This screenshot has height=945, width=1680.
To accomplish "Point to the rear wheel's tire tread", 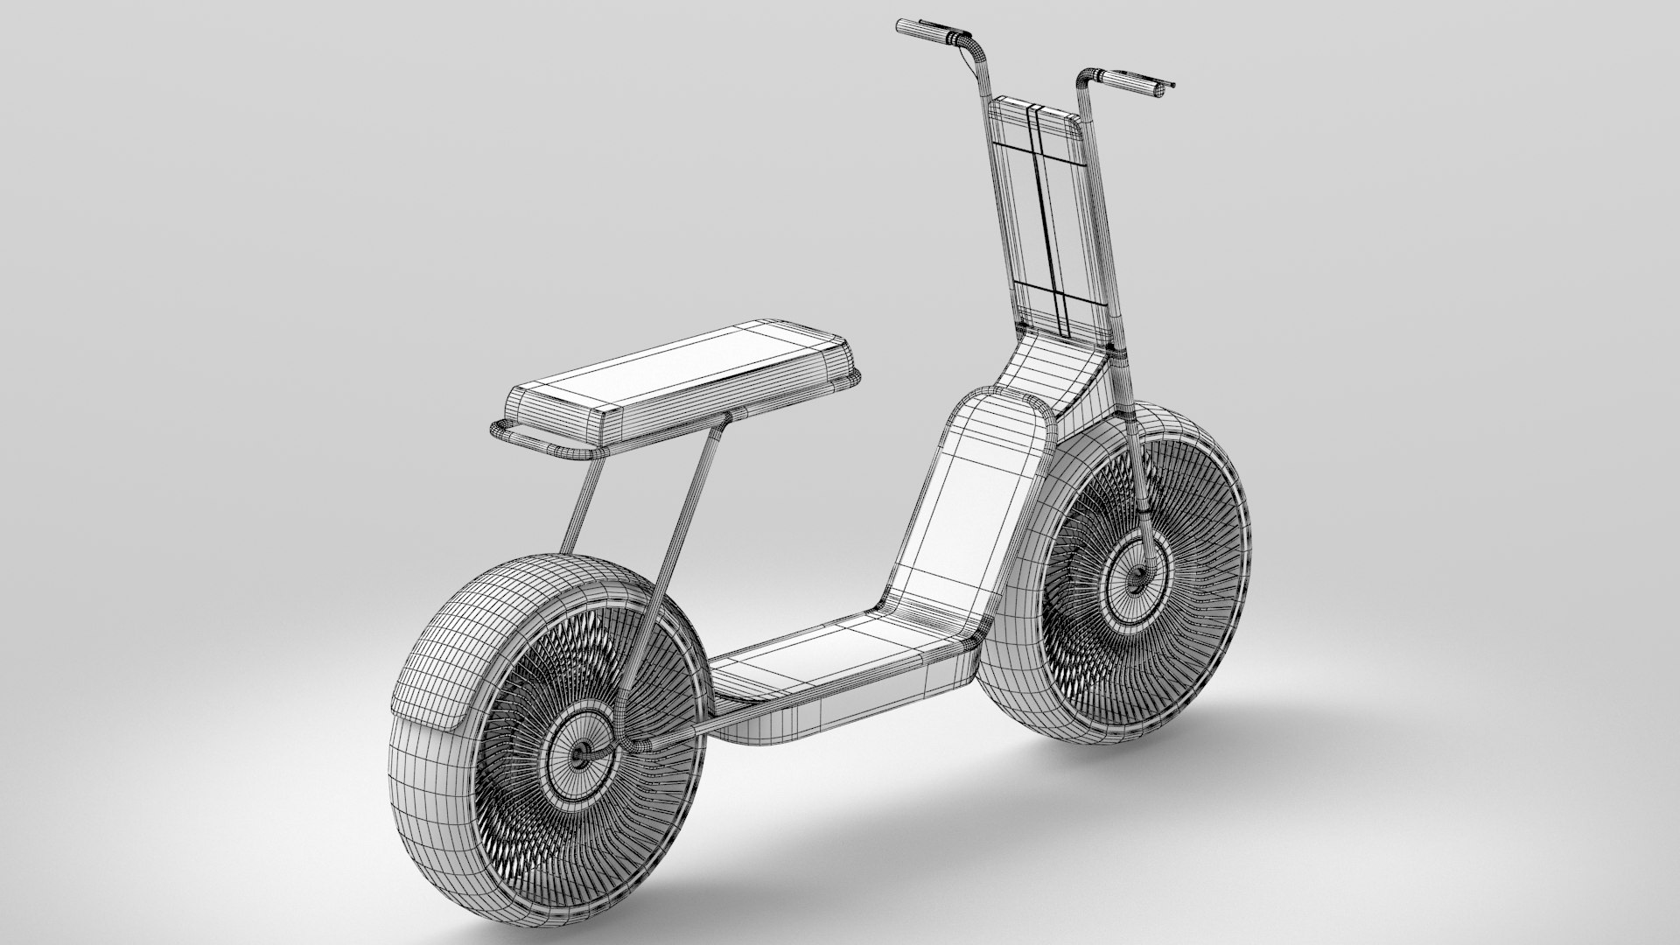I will (437, 647).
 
